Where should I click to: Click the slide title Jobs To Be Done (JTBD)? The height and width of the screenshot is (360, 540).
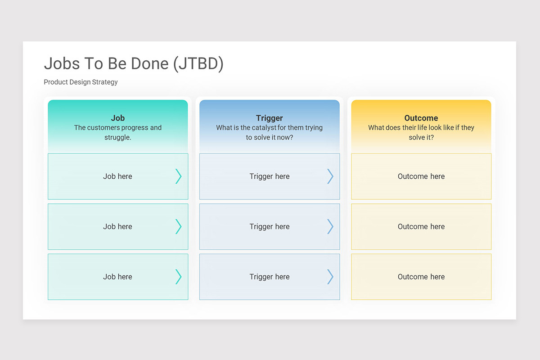[134, 64]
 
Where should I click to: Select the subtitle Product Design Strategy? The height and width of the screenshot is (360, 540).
[81, 82]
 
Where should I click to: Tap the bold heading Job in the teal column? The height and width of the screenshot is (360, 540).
[118, 118]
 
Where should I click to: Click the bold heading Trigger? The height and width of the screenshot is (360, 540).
[269, 118]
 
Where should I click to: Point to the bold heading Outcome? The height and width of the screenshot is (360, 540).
[421, 118]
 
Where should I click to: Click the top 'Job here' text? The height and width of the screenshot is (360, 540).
[117, 176]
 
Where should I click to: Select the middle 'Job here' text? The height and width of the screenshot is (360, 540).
[117, 226]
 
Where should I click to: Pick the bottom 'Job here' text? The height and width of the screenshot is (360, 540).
[117, 277]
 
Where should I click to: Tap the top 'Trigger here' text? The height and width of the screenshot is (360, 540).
[270, 176]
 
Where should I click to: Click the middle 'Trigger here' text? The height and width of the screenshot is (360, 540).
[270, 227]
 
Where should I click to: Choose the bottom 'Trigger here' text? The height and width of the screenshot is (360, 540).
[270, 277]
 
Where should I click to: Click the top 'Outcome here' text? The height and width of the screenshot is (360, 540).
[421, 176]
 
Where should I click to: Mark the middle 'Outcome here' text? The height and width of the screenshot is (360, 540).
[421, 226]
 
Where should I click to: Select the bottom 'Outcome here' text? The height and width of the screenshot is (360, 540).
[421, 277]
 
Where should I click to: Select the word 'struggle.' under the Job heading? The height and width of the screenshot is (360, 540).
[117, 138]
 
